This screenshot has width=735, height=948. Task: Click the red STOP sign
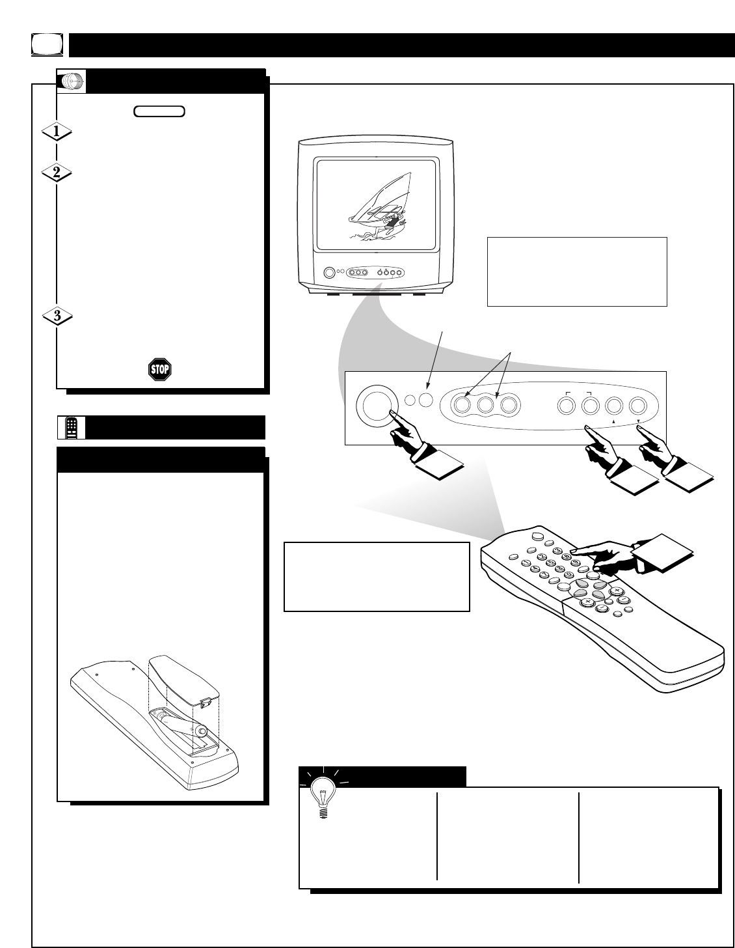(x=159, y=370)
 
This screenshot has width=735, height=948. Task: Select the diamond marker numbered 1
(x=57, y=132)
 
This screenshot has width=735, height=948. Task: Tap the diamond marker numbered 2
(x=57, y=174)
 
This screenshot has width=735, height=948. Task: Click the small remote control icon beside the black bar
(x=72, y=428)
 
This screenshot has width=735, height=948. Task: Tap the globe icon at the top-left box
(x=73, y=82)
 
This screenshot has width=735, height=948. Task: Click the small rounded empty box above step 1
(x=159, y=112)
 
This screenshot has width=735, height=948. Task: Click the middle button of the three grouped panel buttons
(x=485, y=406)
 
